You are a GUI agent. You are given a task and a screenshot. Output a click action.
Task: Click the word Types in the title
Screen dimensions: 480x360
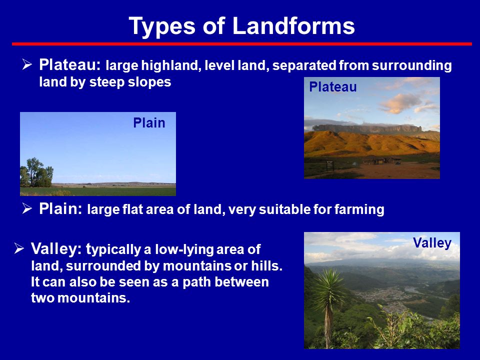pos(162,27)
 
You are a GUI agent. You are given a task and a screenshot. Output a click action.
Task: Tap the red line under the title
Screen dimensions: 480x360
pos(242,44)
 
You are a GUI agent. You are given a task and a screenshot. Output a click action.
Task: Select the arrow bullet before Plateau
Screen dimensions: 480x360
pos(27,64)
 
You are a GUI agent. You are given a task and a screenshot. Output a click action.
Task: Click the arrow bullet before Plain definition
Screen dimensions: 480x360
pos(27,208)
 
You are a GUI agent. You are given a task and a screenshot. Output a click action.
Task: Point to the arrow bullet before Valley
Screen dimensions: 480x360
pos(19,248)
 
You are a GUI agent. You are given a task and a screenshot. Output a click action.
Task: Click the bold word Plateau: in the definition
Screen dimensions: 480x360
pos(70,64)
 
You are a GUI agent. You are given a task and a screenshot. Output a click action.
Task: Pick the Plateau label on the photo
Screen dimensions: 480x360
pos(333,87)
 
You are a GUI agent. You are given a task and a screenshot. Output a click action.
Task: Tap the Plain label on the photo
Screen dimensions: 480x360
pos(149,123)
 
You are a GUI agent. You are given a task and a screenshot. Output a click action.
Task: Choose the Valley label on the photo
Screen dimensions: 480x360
pos(432,243)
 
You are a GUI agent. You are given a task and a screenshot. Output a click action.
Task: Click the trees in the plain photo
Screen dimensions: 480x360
pos(36,172)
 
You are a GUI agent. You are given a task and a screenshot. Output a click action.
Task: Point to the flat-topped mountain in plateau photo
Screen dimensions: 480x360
pos(367,128)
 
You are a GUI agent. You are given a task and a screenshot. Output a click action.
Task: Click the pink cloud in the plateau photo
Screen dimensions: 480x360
pos(399,103)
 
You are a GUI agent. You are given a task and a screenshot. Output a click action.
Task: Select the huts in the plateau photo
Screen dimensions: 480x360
pos(381,160)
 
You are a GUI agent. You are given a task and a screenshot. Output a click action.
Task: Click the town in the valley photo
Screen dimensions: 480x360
pos(382,297)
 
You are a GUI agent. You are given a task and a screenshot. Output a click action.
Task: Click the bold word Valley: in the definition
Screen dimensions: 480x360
pos(56,249)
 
